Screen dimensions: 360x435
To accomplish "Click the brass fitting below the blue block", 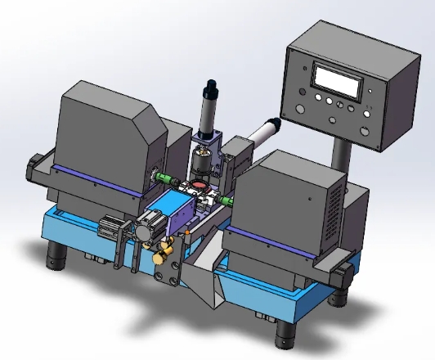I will [x=163, y=250].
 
